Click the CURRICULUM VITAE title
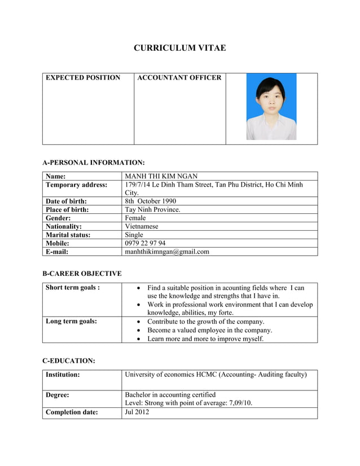click(179, 48)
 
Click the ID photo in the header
click(271, 108)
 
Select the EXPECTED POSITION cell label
click(82, 78)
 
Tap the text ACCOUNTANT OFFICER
click(179, 78)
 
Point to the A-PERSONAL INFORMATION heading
click(94, 162)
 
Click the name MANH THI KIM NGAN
click(161, 176)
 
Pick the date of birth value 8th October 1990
click(150, 201)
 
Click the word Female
click(135, 218)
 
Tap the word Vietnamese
click(142, 226)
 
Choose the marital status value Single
click(134, 235)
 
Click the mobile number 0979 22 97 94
click(145, 243)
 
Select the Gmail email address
click(167, 252)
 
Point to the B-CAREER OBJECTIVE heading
click(82, 274)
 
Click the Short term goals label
click(73, 288)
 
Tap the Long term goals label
click(71, 322)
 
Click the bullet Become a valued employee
click(209, 330)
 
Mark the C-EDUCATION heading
click(69, 361)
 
